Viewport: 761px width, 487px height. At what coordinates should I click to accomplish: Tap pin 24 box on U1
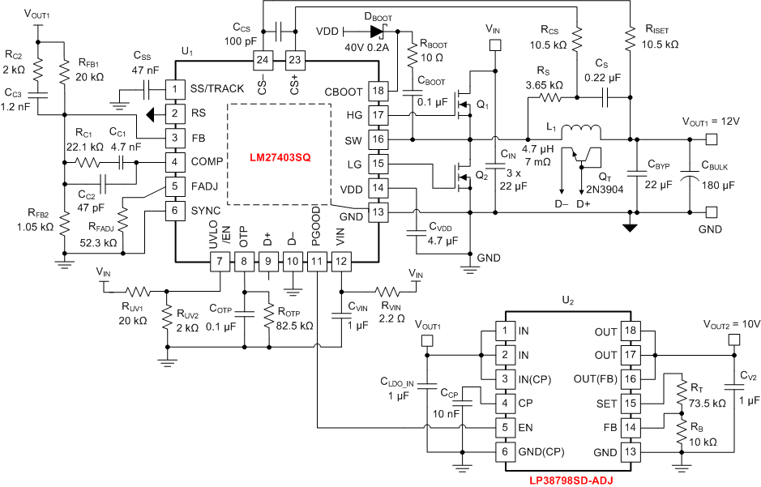262,60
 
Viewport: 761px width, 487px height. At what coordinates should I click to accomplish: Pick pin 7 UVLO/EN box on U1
219,261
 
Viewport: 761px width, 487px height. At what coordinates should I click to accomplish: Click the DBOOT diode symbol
375,32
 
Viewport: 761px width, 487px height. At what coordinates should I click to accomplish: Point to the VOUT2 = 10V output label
731,324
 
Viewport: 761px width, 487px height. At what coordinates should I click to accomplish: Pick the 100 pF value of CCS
240,40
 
